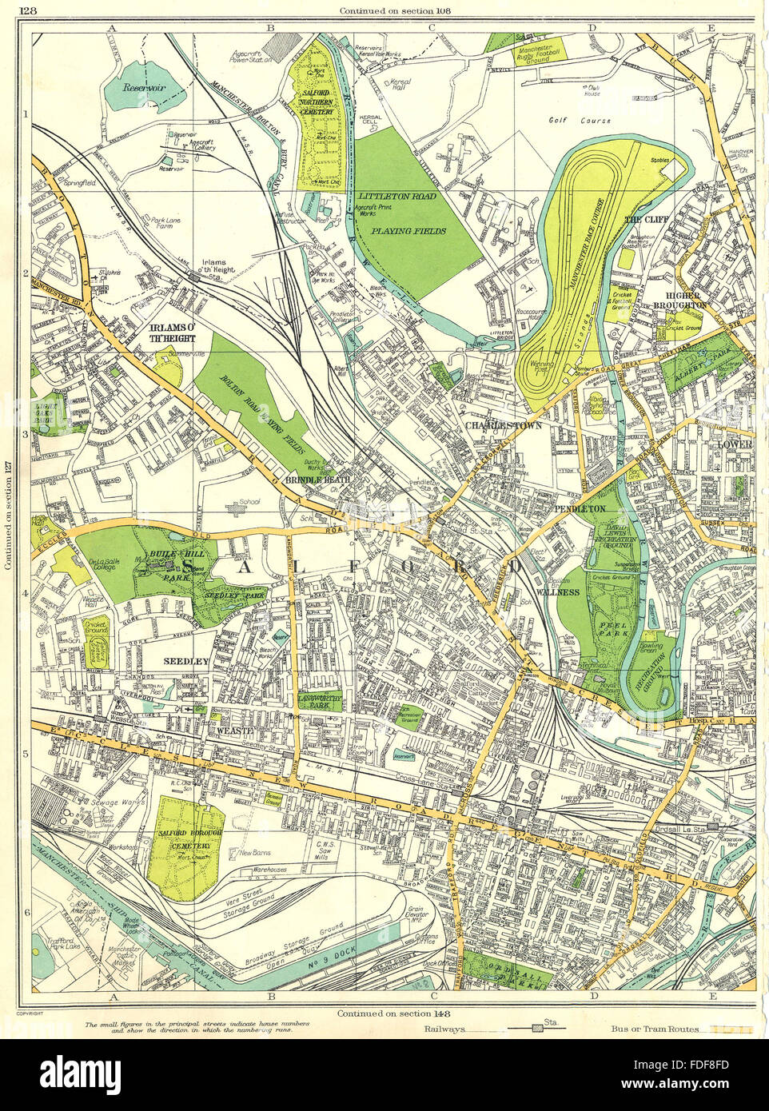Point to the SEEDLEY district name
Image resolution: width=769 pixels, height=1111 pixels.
pos(185,661)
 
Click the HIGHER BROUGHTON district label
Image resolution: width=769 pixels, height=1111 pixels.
pos(679,299)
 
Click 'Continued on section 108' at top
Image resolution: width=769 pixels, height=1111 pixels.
pos(385,10)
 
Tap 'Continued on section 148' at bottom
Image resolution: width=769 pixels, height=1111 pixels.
pos(384,1013)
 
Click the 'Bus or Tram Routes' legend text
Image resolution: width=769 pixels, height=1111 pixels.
pos(655,1030)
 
